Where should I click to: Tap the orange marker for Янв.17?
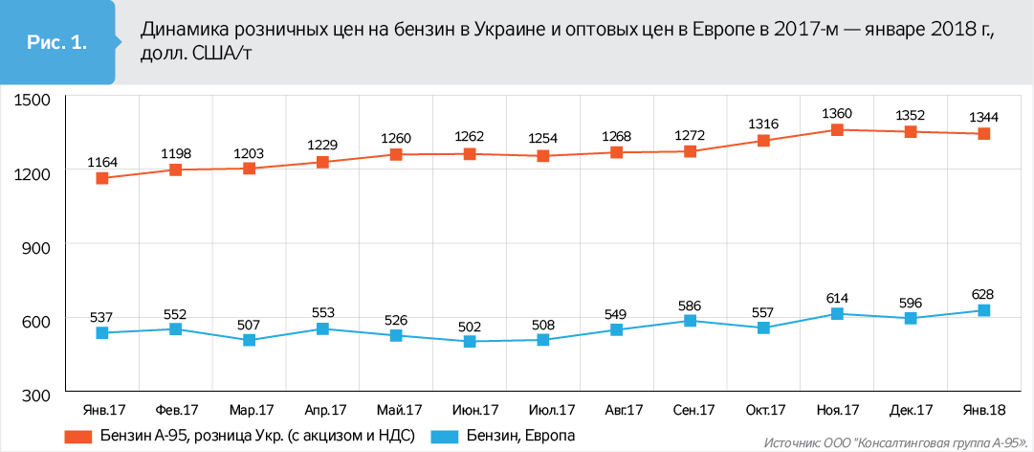click(x=102, y=178)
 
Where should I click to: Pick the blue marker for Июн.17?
click(x=470, y=341)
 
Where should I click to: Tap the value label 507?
click(x=249, y=324)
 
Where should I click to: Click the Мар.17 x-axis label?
click(x=249, y=410)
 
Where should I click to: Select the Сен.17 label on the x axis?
click(x=693, y=410)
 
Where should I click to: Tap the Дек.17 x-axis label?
click(x=912, y=410)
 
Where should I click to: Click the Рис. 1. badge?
click(x=56, y=43)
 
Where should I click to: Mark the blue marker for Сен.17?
click(x=692, y=321)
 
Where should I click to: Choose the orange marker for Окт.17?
click(x=764, y=141)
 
